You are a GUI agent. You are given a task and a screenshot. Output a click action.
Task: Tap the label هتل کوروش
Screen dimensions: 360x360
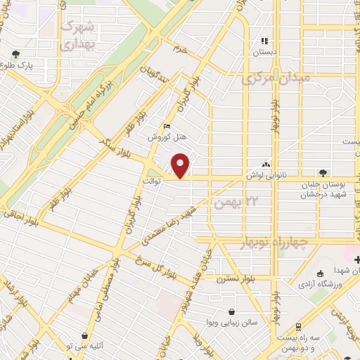tap(160, 138)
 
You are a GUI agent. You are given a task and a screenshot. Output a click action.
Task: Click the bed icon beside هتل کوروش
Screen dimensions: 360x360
tap(166, 126)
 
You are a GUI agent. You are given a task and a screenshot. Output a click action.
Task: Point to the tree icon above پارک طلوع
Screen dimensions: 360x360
tap(15, 53)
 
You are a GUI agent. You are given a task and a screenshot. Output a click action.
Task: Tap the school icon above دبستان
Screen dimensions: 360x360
tap(265, 41)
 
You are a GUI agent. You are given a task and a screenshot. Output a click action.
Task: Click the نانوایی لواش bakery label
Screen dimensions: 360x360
tap(266, 172)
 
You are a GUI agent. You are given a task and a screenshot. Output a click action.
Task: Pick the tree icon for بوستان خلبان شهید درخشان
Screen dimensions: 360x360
tap(323, 173)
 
